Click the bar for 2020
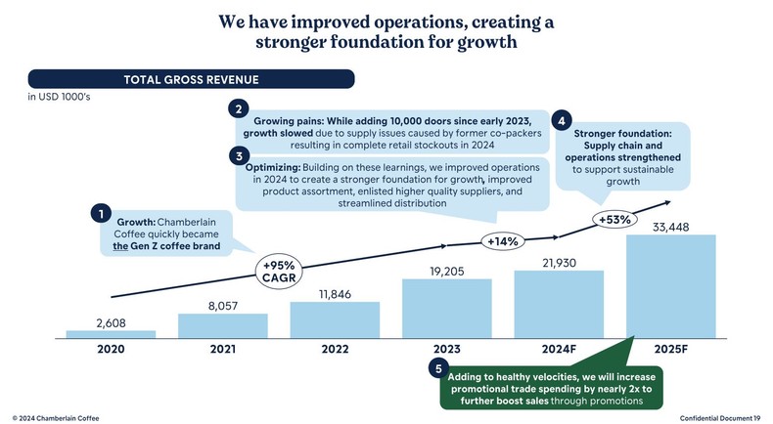click(x=111, y=334)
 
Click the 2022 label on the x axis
click(x=335, y=348)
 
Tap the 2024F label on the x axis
click(x=559, y=348)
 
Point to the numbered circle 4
click(x=562, y=122)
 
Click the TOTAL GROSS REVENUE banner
click(x=190, y=80)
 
